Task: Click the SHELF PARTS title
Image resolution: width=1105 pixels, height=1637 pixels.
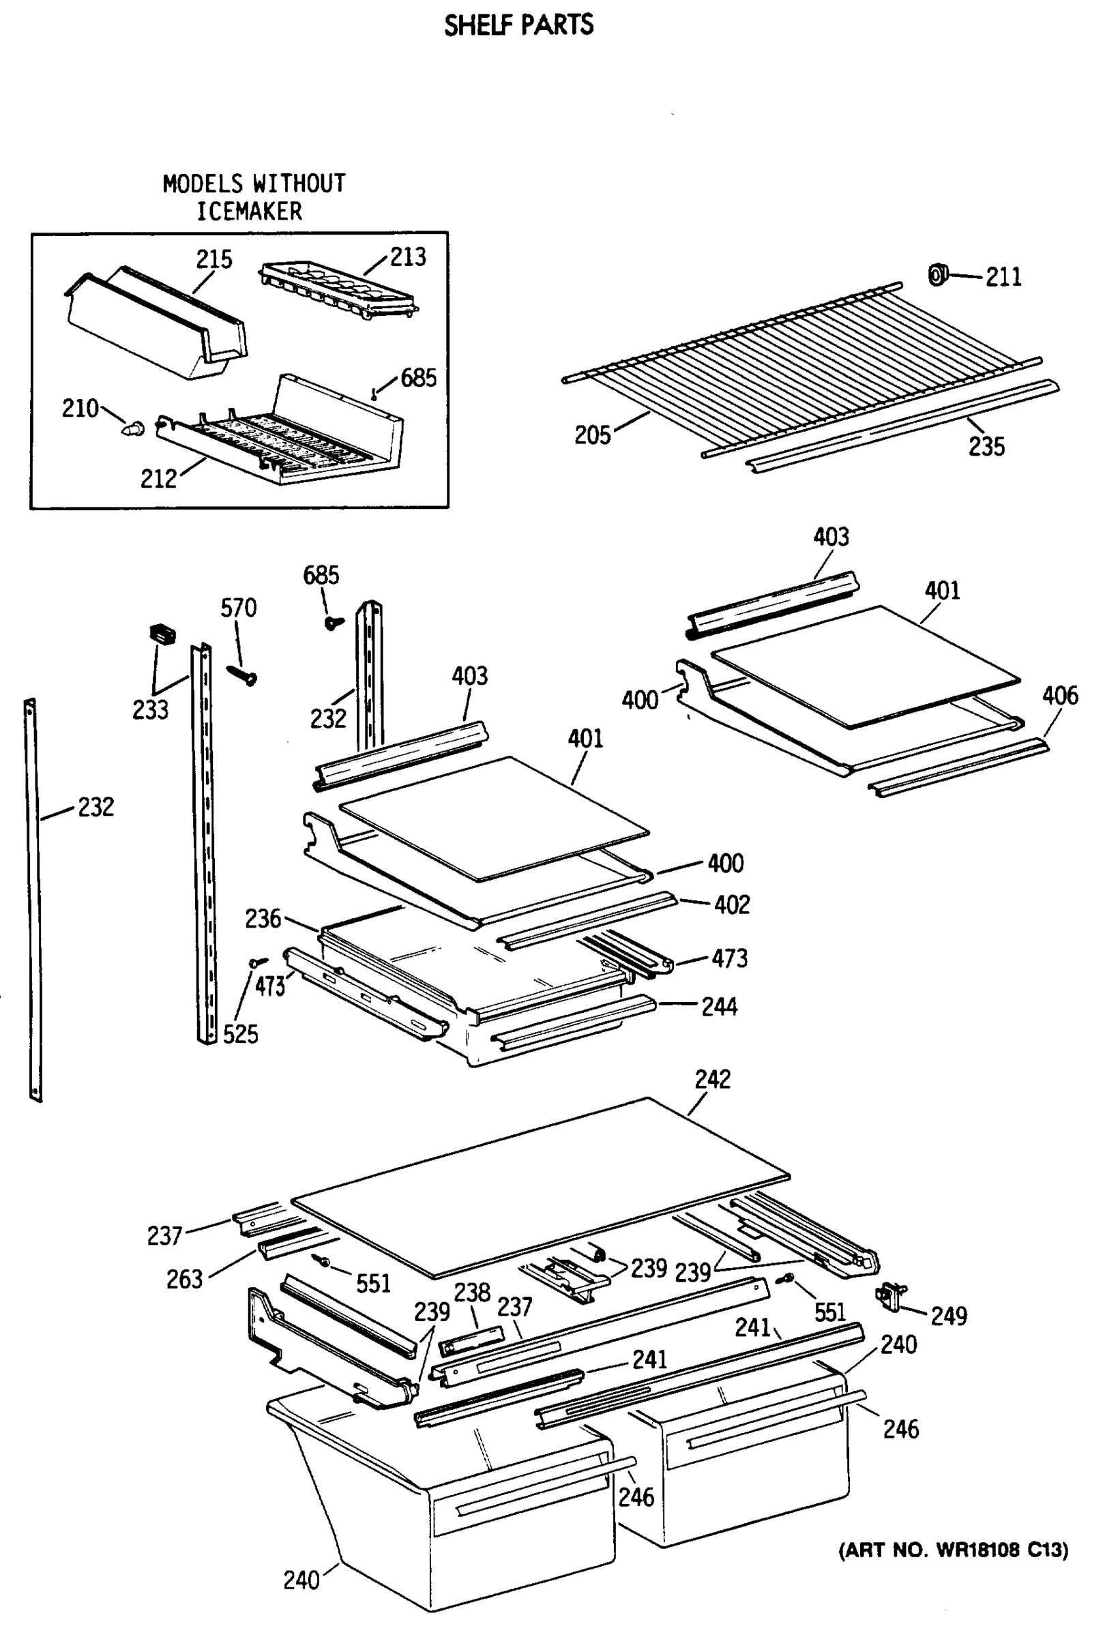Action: click(x=518, y=25)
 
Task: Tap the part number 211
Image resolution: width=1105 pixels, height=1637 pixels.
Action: click(x=1003, y=278)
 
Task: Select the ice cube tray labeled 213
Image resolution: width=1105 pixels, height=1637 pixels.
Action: click(x=338, y=292)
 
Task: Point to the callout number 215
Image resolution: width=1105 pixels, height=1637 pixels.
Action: click(x=213, y=259)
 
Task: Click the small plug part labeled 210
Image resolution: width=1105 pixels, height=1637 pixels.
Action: click(x=134, y=428)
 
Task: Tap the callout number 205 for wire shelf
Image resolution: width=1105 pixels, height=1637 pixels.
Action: click(x=591, y=435)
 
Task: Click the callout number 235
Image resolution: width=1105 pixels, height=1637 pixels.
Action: click(x=986, y=447)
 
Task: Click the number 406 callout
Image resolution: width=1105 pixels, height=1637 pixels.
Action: click(x=1059, y=696)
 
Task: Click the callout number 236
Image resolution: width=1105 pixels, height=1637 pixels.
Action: click(x=263, y=919)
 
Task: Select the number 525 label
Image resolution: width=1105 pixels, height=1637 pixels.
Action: click(x=240, y=1034)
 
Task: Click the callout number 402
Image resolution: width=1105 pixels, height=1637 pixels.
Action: click(x=732, y=905)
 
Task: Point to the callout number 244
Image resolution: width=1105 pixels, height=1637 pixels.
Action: click(x=719, y=1007)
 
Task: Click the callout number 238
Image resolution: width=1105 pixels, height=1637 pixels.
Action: click(x=471, y=1293)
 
